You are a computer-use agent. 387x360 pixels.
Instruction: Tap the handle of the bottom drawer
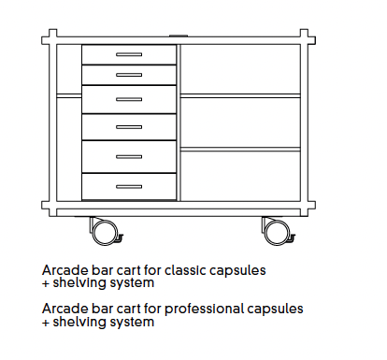129,186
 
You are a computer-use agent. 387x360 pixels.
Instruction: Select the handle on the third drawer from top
129,97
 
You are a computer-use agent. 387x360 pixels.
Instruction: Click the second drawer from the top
129,74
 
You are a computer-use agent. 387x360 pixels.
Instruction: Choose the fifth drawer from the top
129,156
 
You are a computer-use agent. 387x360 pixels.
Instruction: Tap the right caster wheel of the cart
275,229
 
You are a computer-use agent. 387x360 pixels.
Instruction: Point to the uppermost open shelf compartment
240,68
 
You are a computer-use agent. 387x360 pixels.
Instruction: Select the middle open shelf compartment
240,122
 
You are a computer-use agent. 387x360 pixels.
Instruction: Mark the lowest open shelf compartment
240,174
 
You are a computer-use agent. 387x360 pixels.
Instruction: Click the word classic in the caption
185,269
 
